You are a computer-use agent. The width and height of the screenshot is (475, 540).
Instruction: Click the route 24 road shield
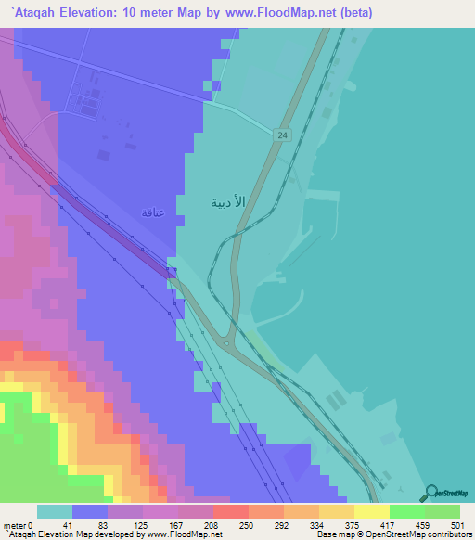click(279, 135)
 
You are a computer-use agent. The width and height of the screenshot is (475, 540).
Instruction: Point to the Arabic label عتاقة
click(152, 212)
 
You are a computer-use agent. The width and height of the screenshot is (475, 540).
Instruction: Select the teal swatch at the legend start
click(55, 511)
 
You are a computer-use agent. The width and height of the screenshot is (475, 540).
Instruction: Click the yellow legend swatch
click(371, 511)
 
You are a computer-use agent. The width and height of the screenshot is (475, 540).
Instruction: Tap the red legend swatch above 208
click(230, 511)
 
